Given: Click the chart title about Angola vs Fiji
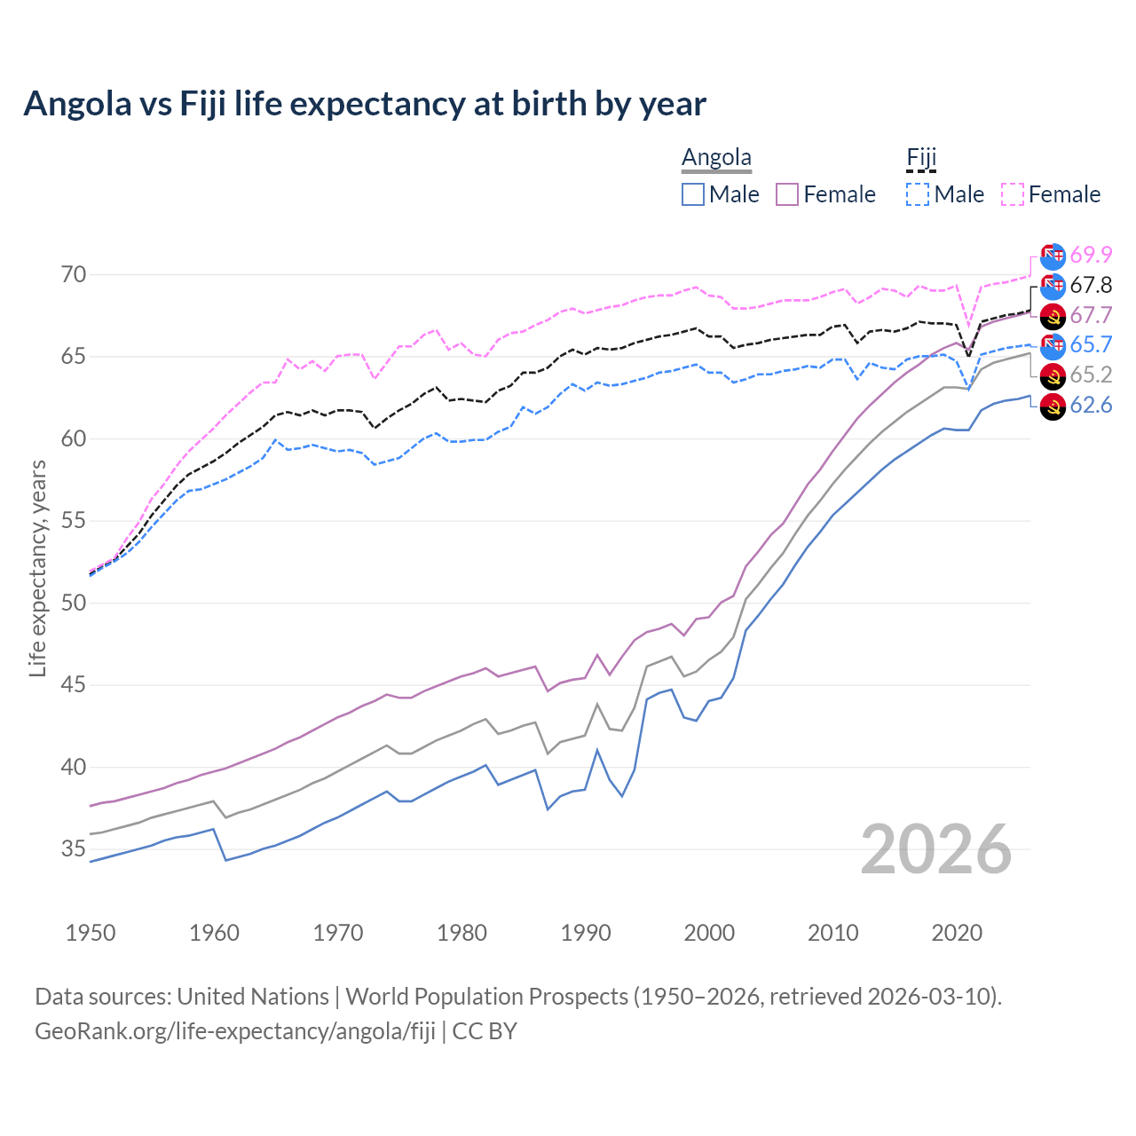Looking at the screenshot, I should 365,104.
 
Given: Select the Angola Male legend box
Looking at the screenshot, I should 693,194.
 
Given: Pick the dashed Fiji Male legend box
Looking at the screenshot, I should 919,194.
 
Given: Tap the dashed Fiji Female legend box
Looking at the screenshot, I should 1013,194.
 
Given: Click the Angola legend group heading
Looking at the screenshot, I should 716,158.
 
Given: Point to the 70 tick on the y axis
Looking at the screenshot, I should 74,275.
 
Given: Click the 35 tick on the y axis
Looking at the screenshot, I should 74,849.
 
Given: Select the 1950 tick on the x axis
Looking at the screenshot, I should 91,933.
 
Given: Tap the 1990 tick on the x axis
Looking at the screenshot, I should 586,933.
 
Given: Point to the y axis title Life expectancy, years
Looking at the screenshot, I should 38,568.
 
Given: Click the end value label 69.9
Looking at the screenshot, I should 1091,255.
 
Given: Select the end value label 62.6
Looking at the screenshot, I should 1091,406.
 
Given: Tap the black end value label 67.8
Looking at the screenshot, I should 1091,285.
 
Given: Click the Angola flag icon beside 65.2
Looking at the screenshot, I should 1053,375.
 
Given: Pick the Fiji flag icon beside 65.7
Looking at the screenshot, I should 1053,345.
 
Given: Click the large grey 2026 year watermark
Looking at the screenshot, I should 936,849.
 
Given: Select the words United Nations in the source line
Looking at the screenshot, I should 253,997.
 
